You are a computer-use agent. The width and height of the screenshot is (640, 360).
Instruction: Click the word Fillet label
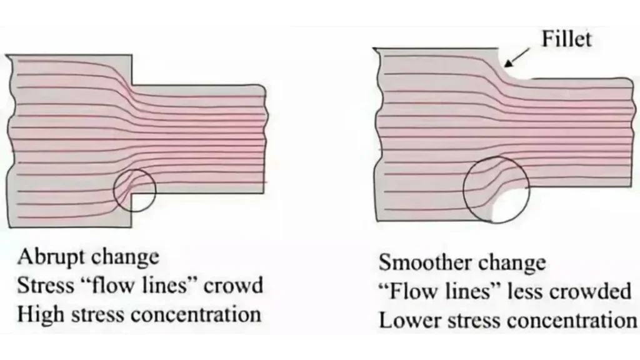tap(566, 39)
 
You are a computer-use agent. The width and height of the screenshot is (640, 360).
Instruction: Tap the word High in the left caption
tap(38, 314)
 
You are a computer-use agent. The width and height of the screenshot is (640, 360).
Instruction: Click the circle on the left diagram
tap(134, 190)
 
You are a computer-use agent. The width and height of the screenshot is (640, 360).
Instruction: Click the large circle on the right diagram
tap(496, 189)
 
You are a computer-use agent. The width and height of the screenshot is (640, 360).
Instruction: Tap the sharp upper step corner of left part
tap(132, 86)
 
